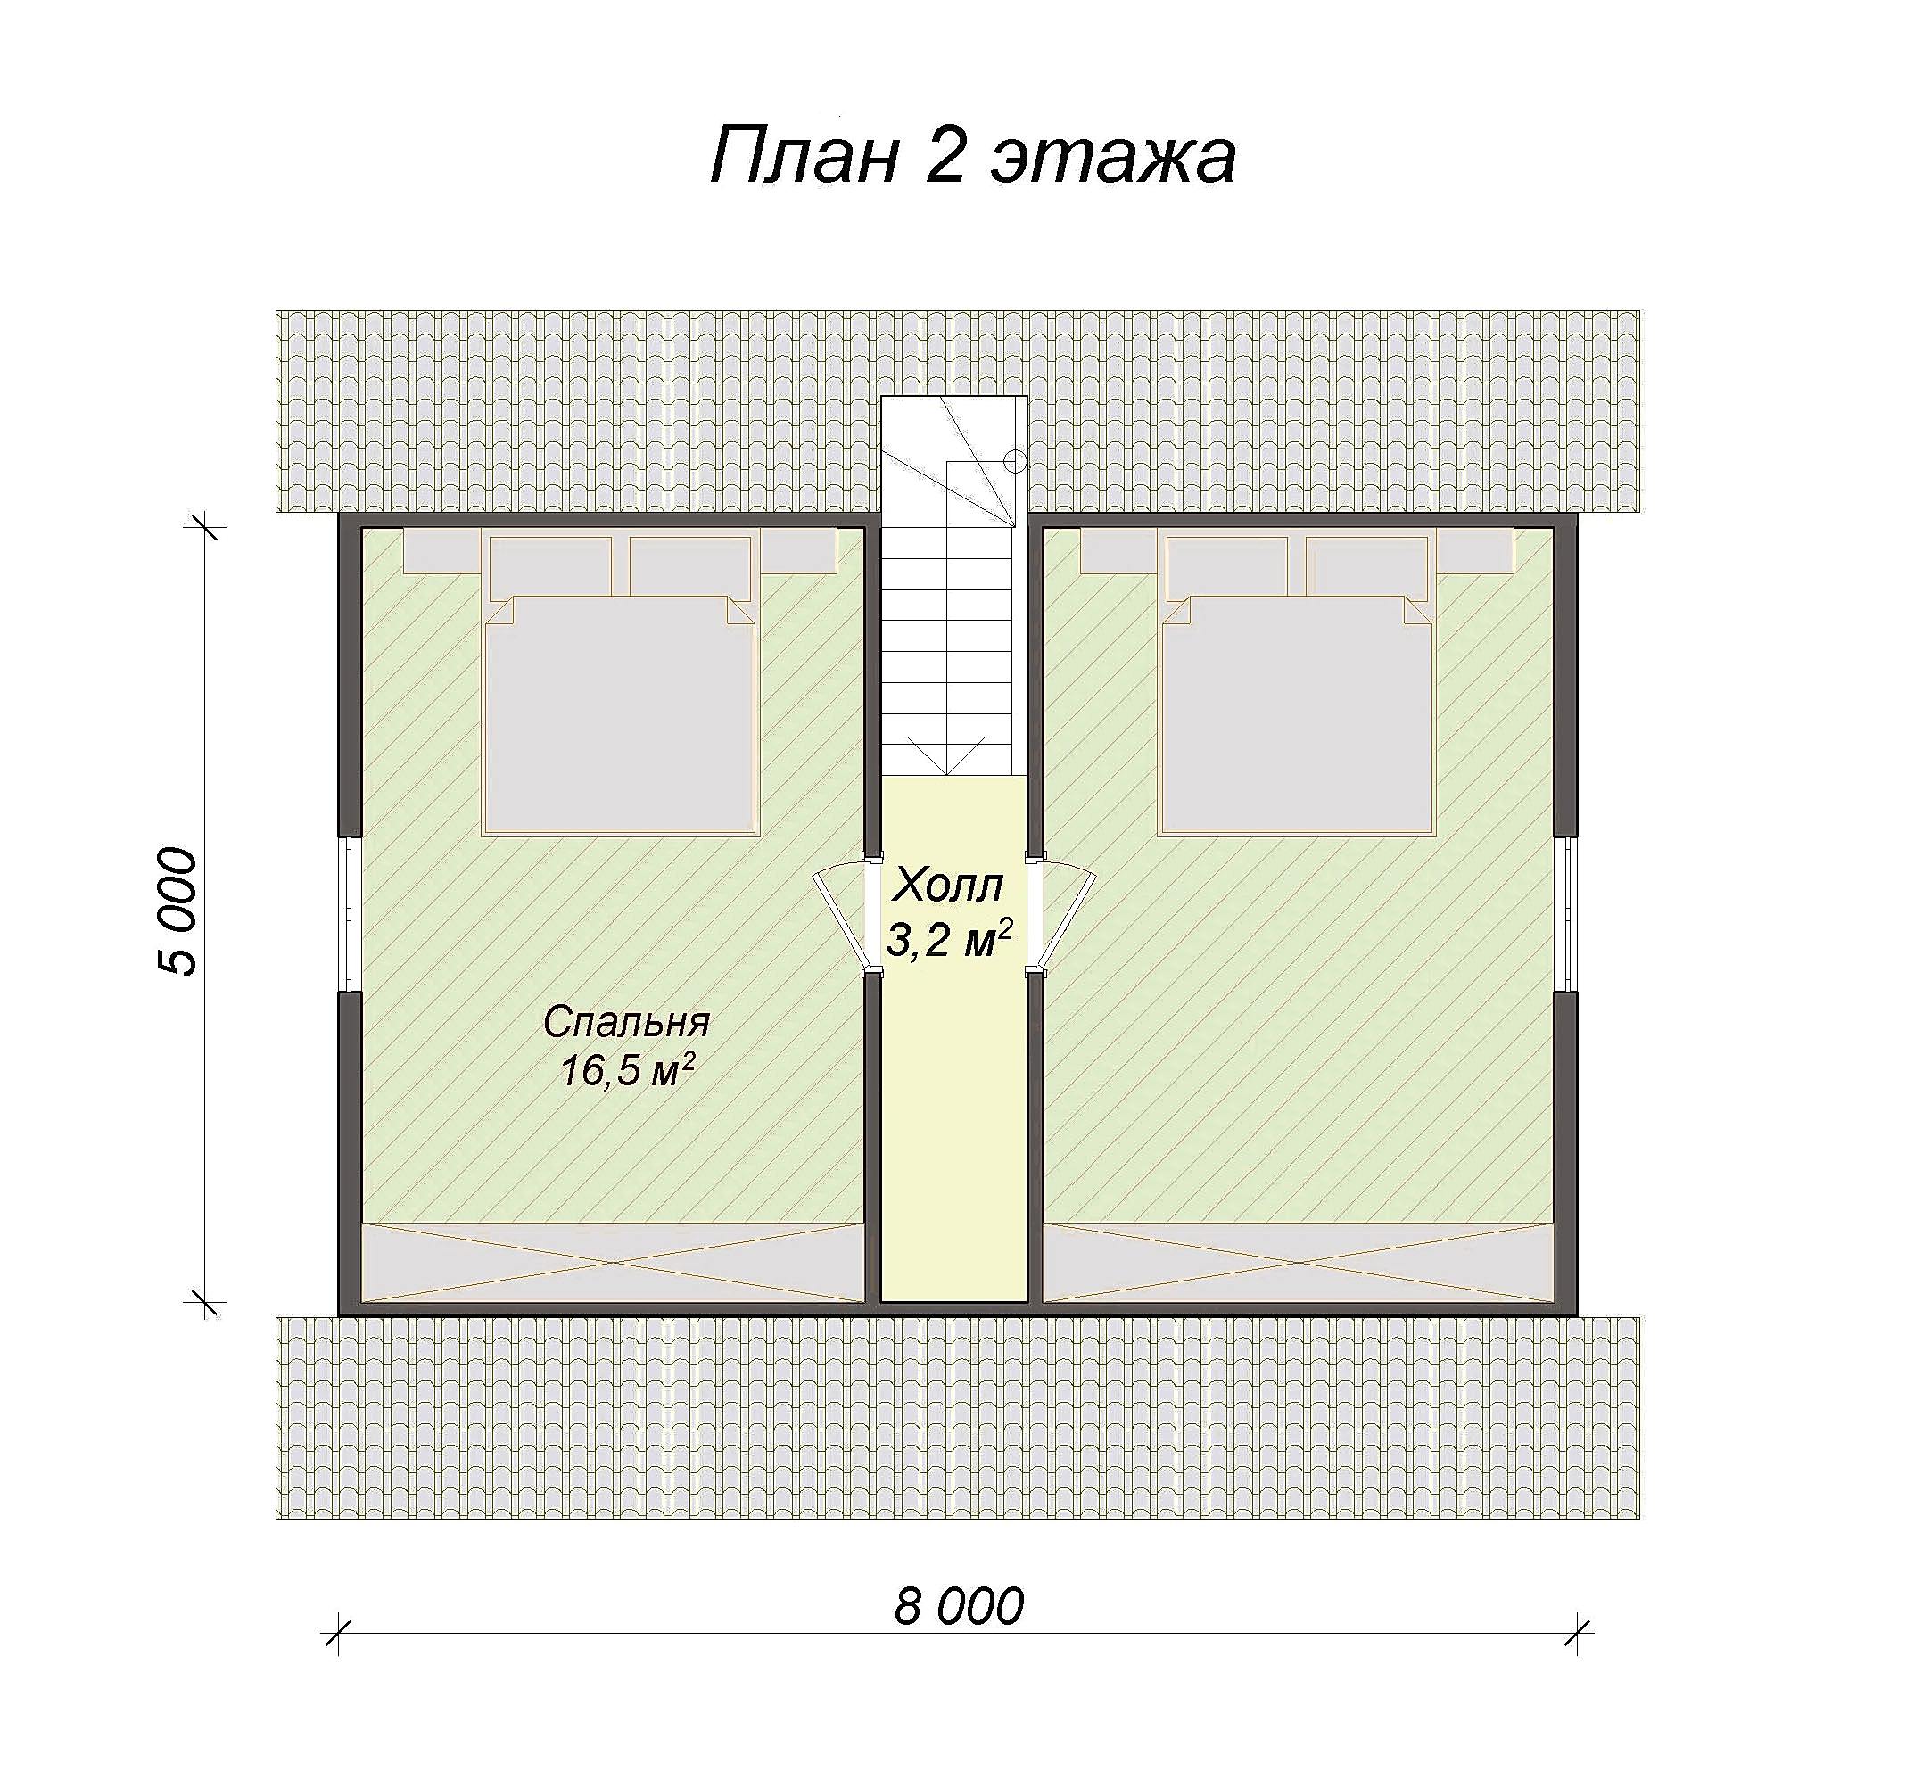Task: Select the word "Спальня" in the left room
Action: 626,1022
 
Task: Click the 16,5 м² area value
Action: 628,1070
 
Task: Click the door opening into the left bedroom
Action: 840,916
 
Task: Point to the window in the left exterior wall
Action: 350,913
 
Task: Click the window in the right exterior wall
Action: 1566,913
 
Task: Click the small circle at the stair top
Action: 1015,461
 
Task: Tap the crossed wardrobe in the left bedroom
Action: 613,1262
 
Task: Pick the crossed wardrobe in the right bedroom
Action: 1298,1262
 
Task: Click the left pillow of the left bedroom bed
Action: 550,567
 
